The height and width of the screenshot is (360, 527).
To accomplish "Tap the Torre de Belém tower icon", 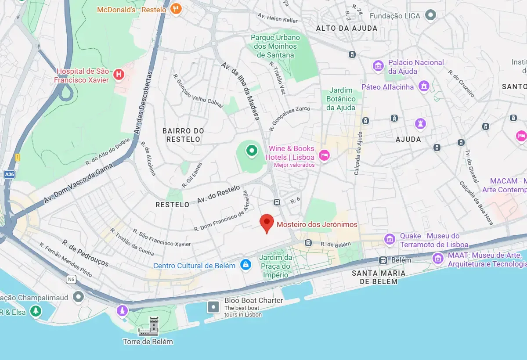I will [x=148, y=326].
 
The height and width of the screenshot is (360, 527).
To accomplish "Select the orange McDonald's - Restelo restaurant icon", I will [x=176, y=9].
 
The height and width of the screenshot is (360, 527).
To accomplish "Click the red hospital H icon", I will [x=119, y=75].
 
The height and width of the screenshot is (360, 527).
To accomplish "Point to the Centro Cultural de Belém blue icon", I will [x=245, y=265].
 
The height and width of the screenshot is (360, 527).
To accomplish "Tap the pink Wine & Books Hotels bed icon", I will [x=324, y=155].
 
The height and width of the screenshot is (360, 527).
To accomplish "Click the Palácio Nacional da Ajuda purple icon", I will [x=378, y=66].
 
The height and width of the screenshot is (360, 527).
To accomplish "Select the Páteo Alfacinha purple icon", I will [x=424, y=86].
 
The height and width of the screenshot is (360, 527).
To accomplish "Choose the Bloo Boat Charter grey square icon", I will [x=213, y=306].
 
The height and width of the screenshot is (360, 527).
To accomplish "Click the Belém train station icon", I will [x=383, y=260].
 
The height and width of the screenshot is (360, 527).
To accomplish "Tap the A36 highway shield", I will [x=9, y=174].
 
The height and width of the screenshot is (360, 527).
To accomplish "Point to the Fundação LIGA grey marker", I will [x=431, y=15].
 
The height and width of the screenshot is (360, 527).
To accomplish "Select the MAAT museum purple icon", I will [x=438, y=258].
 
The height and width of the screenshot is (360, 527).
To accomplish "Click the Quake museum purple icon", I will [x=390, y=239].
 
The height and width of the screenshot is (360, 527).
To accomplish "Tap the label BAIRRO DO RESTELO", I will [x=183, y=135].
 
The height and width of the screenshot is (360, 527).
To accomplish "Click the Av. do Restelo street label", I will [x=218, y=194].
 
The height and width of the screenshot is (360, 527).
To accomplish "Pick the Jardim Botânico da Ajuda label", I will [x=341, y=99].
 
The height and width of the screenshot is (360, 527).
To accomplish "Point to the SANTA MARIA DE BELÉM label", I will [x=378, y=277].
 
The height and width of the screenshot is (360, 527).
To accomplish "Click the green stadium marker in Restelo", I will [x=251, y=151].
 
